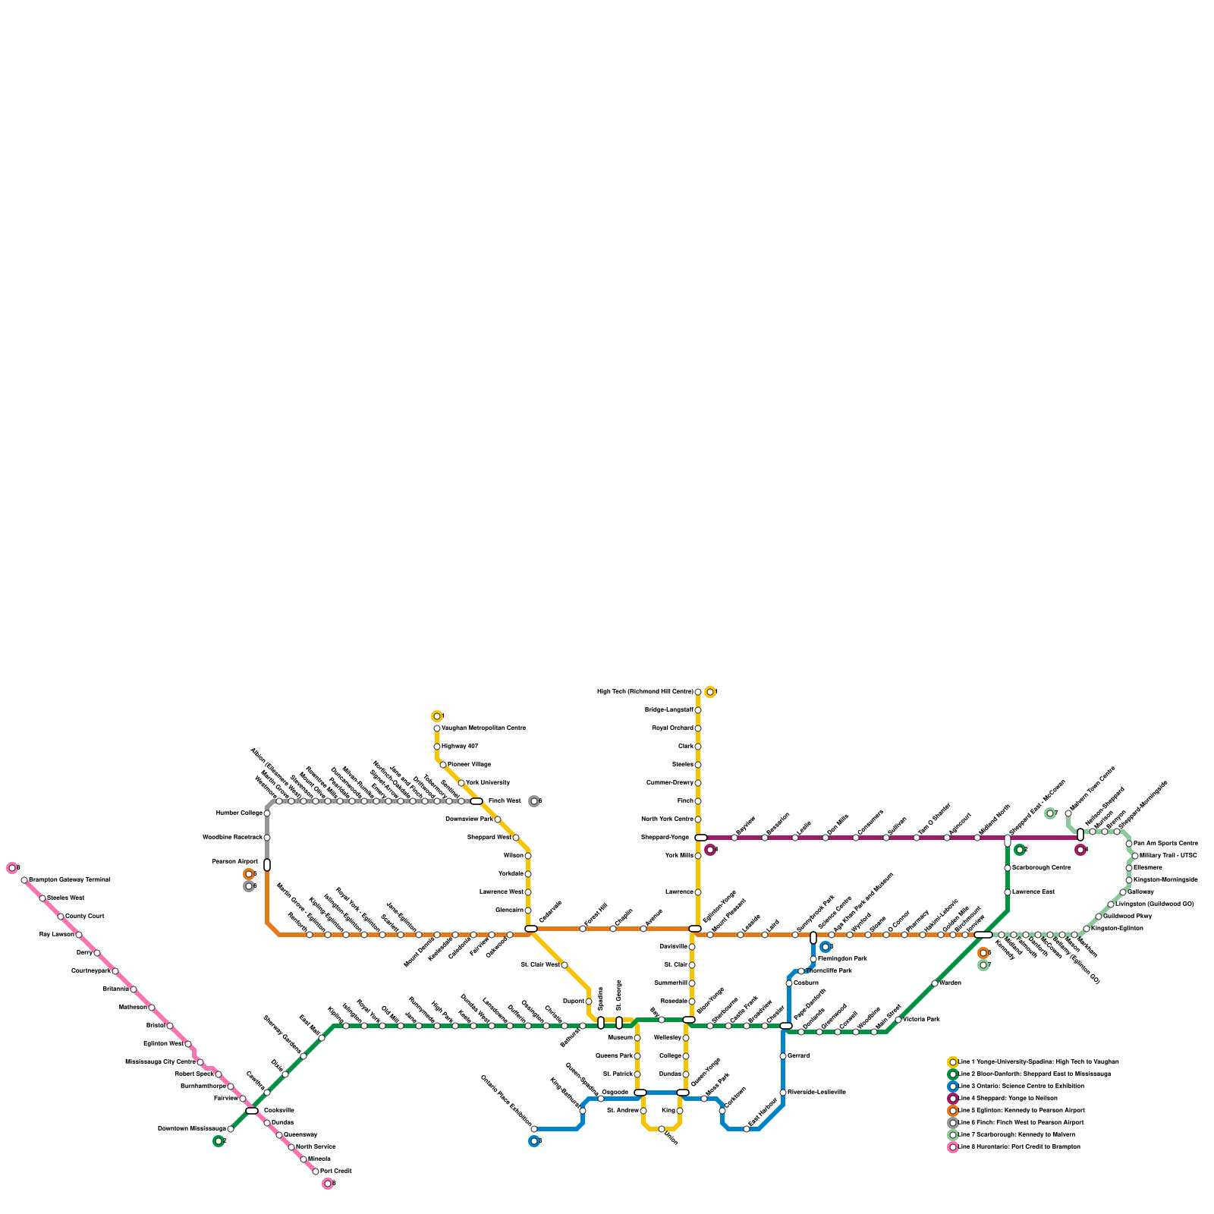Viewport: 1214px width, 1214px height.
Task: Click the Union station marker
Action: coord(662,1129)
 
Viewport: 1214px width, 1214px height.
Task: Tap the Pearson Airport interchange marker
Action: coord(267,865)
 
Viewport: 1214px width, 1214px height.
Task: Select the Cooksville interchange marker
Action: coord(252,1111)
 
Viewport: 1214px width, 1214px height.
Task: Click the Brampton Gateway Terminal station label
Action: coord(69,880)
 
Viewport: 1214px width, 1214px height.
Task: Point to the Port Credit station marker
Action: coord(316,1172)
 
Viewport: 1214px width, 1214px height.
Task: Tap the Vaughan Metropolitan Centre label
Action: coord(483,728)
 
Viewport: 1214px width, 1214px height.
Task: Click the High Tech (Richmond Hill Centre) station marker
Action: coord(698,692)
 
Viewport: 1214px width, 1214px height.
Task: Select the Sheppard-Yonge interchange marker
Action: coord(700,838)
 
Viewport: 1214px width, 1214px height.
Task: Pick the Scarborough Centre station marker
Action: coord(1008,868)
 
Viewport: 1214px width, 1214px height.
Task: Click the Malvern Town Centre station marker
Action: coord(1068,813)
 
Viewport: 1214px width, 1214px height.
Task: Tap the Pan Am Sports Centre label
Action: coord(1165,844)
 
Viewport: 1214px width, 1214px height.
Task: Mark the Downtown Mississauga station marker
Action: coord(231,1129)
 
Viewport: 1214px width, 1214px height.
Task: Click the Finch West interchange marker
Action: coord(476,801)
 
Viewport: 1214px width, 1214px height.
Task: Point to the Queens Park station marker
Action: coord(637,1056)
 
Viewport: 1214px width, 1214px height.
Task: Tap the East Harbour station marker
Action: coord(747,1129)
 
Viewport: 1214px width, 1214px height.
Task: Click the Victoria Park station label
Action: coord(921,1020)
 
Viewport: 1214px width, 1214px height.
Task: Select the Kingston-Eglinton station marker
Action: coord(1087,929)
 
